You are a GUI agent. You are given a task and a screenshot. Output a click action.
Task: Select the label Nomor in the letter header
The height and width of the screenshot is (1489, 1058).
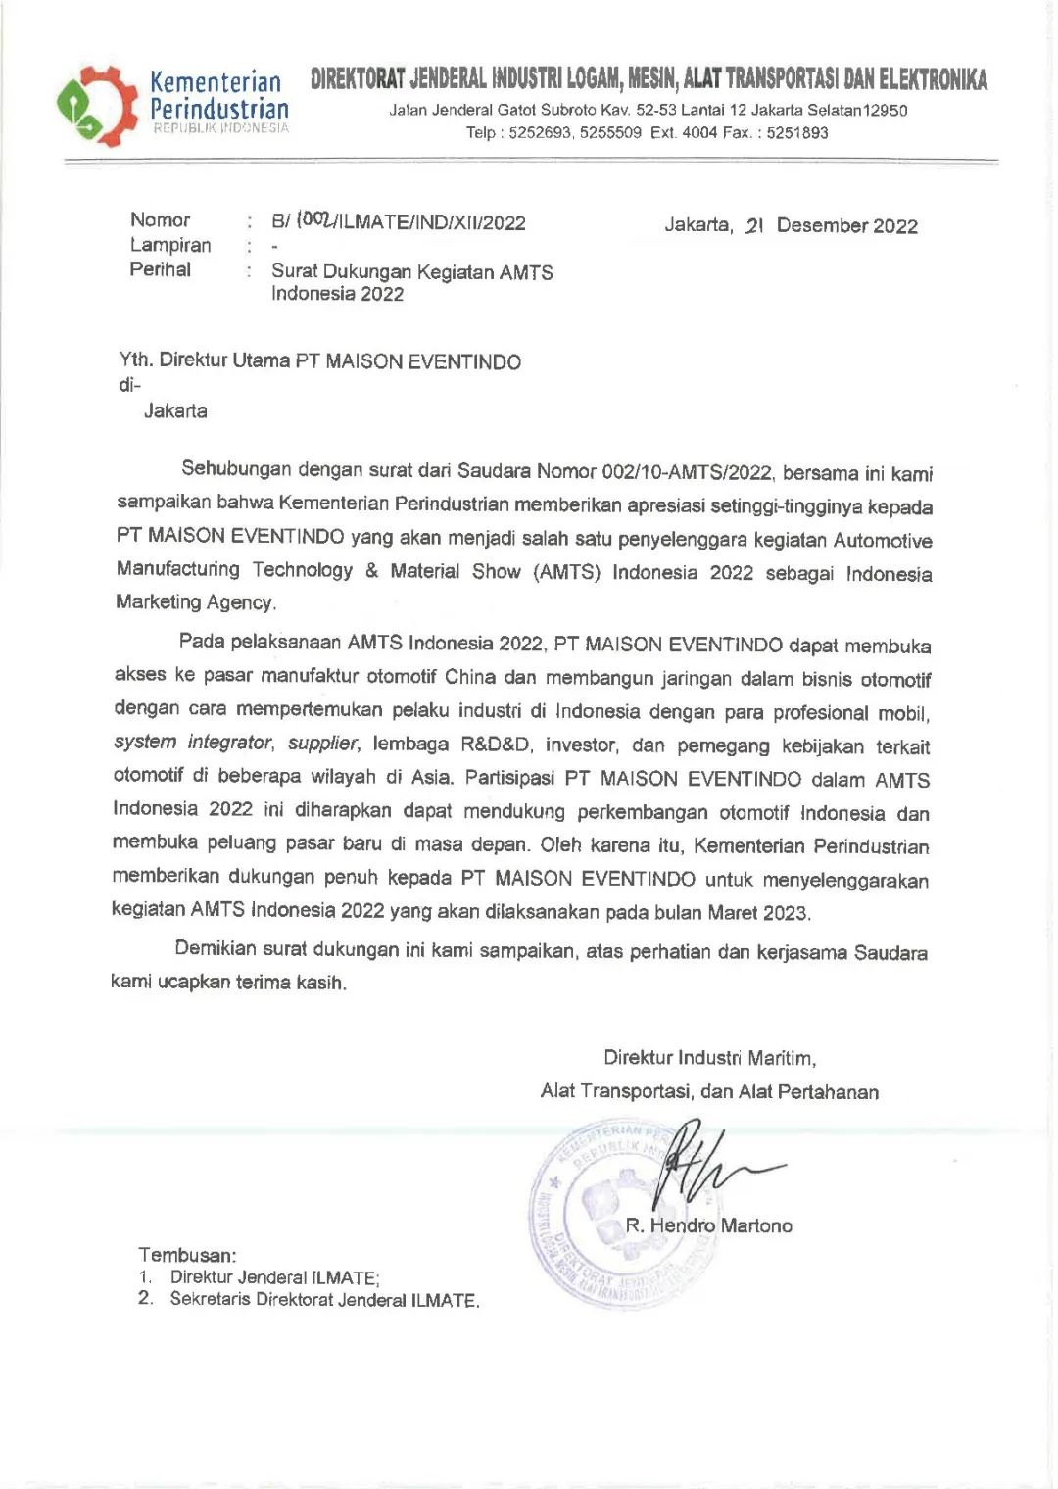tap(160, 220)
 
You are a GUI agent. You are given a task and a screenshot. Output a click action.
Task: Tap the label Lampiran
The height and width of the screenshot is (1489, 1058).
tap(170, 245)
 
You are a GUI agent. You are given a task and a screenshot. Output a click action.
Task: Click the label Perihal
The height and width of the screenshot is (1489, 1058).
tap(161, 269)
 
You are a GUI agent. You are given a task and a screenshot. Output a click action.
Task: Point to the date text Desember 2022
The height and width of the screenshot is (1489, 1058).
tap(846, 226)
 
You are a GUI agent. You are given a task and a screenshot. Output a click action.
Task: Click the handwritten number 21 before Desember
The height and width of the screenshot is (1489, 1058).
tap(753, 226)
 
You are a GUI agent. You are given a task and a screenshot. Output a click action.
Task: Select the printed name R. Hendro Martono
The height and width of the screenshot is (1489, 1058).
tap(709, 1225)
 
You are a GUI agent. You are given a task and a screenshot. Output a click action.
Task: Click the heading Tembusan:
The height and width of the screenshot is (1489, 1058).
tap(187, 1255)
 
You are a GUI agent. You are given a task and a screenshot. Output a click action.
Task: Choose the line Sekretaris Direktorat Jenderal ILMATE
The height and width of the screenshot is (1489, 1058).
tap(324, 1300)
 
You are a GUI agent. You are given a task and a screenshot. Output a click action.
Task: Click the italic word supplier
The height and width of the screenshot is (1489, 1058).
tap(324, 744)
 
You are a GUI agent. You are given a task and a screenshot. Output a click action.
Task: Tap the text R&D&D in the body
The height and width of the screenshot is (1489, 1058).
tap(497, 745)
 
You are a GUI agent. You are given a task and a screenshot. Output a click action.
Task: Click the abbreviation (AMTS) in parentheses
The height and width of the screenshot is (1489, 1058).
tap(566, 572)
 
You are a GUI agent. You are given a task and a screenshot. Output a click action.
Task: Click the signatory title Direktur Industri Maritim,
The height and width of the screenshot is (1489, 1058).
tap(709, 1058)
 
